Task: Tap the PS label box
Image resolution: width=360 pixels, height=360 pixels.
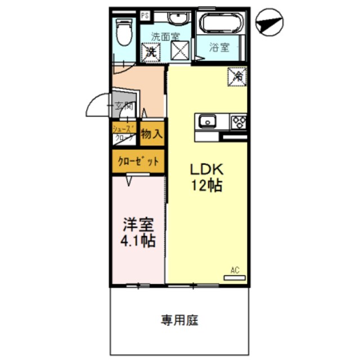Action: (145, 15)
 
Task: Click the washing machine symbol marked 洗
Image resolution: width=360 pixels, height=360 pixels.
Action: (151, 52)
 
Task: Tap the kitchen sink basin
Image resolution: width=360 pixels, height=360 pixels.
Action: (206, 120)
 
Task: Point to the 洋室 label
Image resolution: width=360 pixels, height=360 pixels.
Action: (138, 223)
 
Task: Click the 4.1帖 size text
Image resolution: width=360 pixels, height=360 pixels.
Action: (138, 241)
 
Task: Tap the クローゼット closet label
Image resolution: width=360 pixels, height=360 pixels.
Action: (138, 162)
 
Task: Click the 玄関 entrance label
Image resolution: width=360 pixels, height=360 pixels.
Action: (124, 105)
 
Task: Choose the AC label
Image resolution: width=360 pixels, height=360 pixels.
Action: (235, 270)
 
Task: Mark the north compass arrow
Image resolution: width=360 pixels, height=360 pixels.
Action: (268, 24)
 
